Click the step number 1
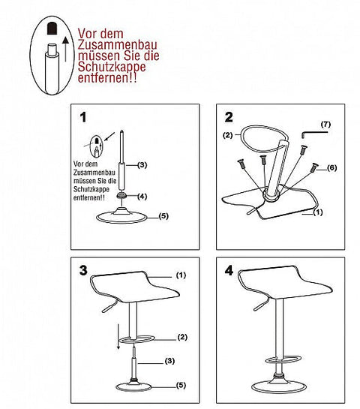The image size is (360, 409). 83,117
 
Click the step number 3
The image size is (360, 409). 83,269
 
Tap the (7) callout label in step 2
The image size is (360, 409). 325,122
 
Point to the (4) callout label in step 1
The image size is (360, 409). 142,197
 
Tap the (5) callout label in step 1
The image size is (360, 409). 160,217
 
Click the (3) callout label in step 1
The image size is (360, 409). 142,164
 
